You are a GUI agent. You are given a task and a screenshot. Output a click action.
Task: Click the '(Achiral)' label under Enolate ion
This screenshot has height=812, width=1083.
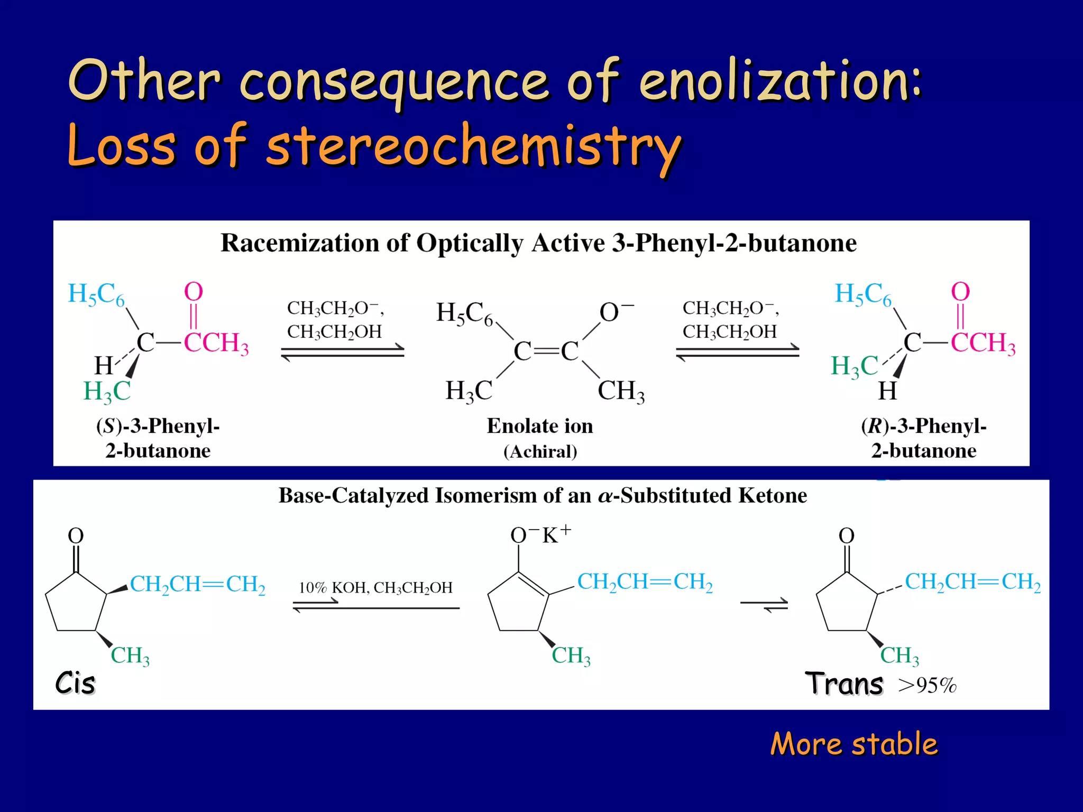(x=540, y=451)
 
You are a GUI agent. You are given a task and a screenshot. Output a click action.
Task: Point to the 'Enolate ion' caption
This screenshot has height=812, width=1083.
(x=540, y=426)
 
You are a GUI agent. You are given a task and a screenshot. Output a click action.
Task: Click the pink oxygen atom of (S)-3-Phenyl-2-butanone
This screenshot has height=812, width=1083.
(x=194, y=292)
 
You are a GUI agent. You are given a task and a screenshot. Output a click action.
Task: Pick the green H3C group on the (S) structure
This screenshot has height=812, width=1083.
(x=107, y=392)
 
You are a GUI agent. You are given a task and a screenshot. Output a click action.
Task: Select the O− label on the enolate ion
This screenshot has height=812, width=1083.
(x=615, y=312)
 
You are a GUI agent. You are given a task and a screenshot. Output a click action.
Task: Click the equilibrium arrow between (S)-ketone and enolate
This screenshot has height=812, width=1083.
(x=343, y=352)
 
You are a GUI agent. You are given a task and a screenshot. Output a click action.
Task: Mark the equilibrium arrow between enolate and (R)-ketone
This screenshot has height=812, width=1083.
(x=738, y=352)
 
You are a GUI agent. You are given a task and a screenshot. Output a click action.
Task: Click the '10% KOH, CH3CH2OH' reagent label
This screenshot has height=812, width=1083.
(x=375, y=588)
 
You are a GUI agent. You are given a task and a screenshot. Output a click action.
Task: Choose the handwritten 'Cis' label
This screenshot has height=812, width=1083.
(x=75, y=683)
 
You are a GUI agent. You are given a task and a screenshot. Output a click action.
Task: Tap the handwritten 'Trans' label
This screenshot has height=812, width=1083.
(x=844, y=684)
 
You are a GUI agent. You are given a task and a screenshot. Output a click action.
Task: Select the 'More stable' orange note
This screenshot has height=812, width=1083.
(x=853, y=744)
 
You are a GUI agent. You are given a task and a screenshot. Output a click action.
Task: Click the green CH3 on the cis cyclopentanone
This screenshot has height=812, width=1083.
(x=130, y=656)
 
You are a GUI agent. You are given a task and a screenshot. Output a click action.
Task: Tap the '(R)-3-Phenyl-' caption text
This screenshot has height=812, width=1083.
(x=924, y=426)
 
